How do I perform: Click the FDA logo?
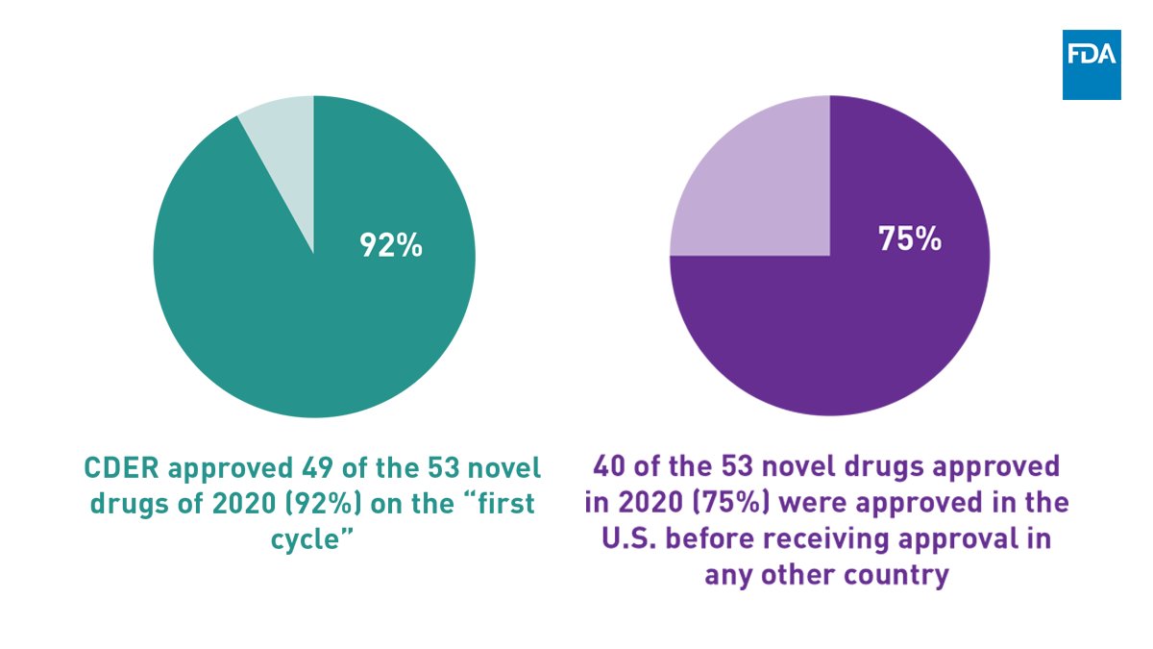(x=1092, y=64)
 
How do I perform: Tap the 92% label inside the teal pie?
(x=391, y=245)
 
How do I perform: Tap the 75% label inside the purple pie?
(x=909, y=239)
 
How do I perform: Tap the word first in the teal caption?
(x=504, y=505)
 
